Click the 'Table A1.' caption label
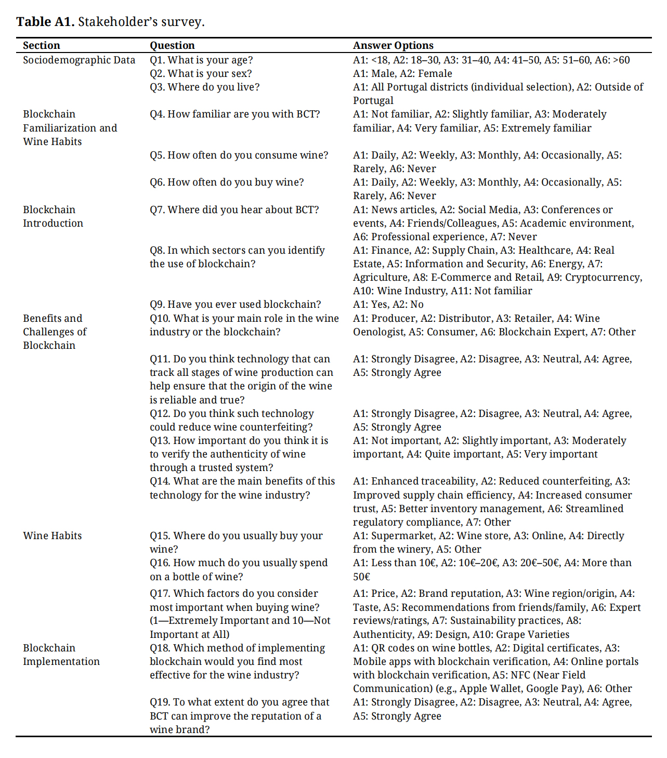pos(45,22)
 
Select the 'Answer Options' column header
pos(393,45)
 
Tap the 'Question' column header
pos(172,45)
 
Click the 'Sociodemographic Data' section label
pos(79,60)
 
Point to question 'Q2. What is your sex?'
pos(201,73)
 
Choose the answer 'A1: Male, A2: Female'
pos(402,73)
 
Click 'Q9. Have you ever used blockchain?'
pos(235,304)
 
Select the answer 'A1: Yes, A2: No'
pos(388,304)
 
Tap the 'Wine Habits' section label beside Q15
pos(53,535)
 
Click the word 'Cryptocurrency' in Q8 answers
pos(603,277)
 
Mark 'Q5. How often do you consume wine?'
pos(239,155)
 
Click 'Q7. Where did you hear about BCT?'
pos(234,210)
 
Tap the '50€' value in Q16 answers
pos(362,577)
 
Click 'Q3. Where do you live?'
pos(204,87)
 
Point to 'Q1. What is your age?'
pos(201,60)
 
